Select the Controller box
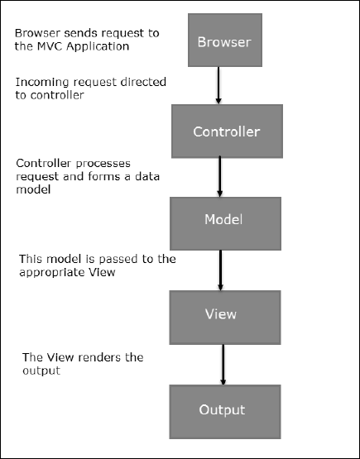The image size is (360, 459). pyautogui.click(x=226, y=131)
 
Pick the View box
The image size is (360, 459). pyautogui.click(x=220, y=314)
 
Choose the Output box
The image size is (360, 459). pyautogui.click(x=222, y=409)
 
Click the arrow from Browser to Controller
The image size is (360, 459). pyautogui.click(x=218, y=85)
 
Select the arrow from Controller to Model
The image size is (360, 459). pyautogui.click(x=221, y=176)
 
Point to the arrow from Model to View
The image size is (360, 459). pyautogui.click(x=221, y=267)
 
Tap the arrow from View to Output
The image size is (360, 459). pyautogui.click(x=222, y=362)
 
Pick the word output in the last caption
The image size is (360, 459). pyautogui.click(x=41, y=371)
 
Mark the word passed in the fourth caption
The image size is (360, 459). pyautogui.click(x=116, y=259)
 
